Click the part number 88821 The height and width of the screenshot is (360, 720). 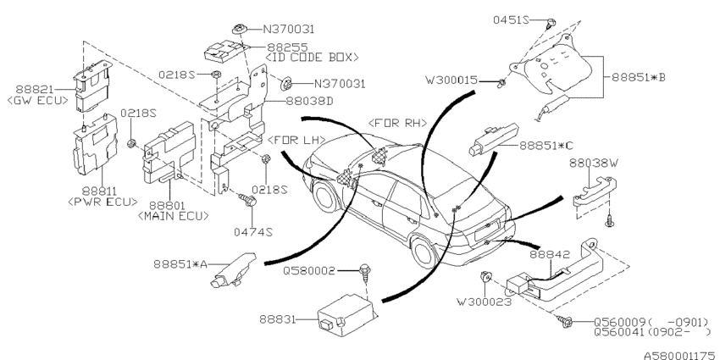[35, 89]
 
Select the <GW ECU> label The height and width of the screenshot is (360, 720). [37, 100]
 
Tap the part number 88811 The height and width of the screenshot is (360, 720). [100, 191]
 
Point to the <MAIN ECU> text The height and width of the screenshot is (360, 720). [173, 215]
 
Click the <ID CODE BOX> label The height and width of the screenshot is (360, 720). [313, 58]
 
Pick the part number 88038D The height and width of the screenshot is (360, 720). [310, 101]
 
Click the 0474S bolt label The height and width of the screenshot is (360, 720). [253, 232]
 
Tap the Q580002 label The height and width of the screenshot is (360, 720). [309, 271]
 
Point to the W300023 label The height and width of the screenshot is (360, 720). [484, 302]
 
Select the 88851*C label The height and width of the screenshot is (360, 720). [547, 146]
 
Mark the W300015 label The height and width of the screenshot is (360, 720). [451, 80]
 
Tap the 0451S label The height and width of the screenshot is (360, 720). [512, 19]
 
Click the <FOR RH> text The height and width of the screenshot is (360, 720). [397, 123]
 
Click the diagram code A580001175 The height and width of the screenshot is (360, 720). [682, 356]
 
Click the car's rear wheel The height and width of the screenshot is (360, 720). [424, 252]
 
